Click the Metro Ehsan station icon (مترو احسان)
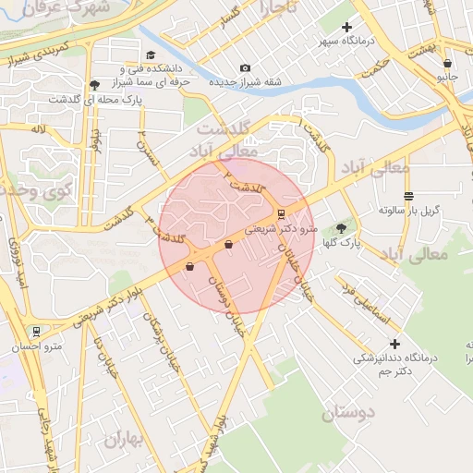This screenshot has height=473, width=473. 36,331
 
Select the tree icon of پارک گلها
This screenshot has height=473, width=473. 341,228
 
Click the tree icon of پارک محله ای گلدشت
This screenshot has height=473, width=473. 95,85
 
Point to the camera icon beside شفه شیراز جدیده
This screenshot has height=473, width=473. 245,67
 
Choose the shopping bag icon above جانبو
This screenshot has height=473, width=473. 448,64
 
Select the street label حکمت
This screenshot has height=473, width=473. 376,71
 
